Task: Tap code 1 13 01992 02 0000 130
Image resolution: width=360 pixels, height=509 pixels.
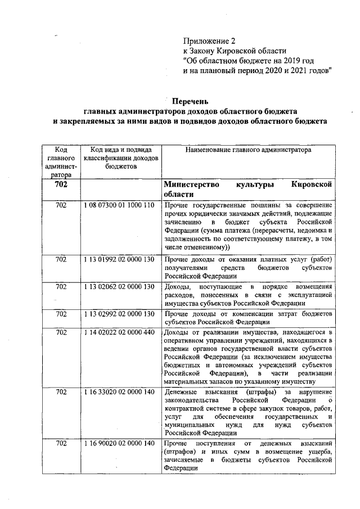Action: (x=120, y=259)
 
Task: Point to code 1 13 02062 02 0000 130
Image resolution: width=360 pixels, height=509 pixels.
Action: (x=120, y=286)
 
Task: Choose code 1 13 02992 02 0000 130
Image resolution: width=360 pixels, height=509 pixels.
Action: (x=120, y=313)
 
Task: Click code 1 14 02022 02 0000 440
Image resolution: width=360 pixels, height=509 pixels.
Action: (x=120, y=332)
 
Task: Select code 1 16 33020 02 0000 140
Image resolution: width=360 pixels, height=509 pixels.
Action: (x=120, y=391)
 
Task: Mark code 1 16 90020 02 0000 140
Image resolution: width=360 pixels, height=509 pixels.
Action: (x=120, y=444)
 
